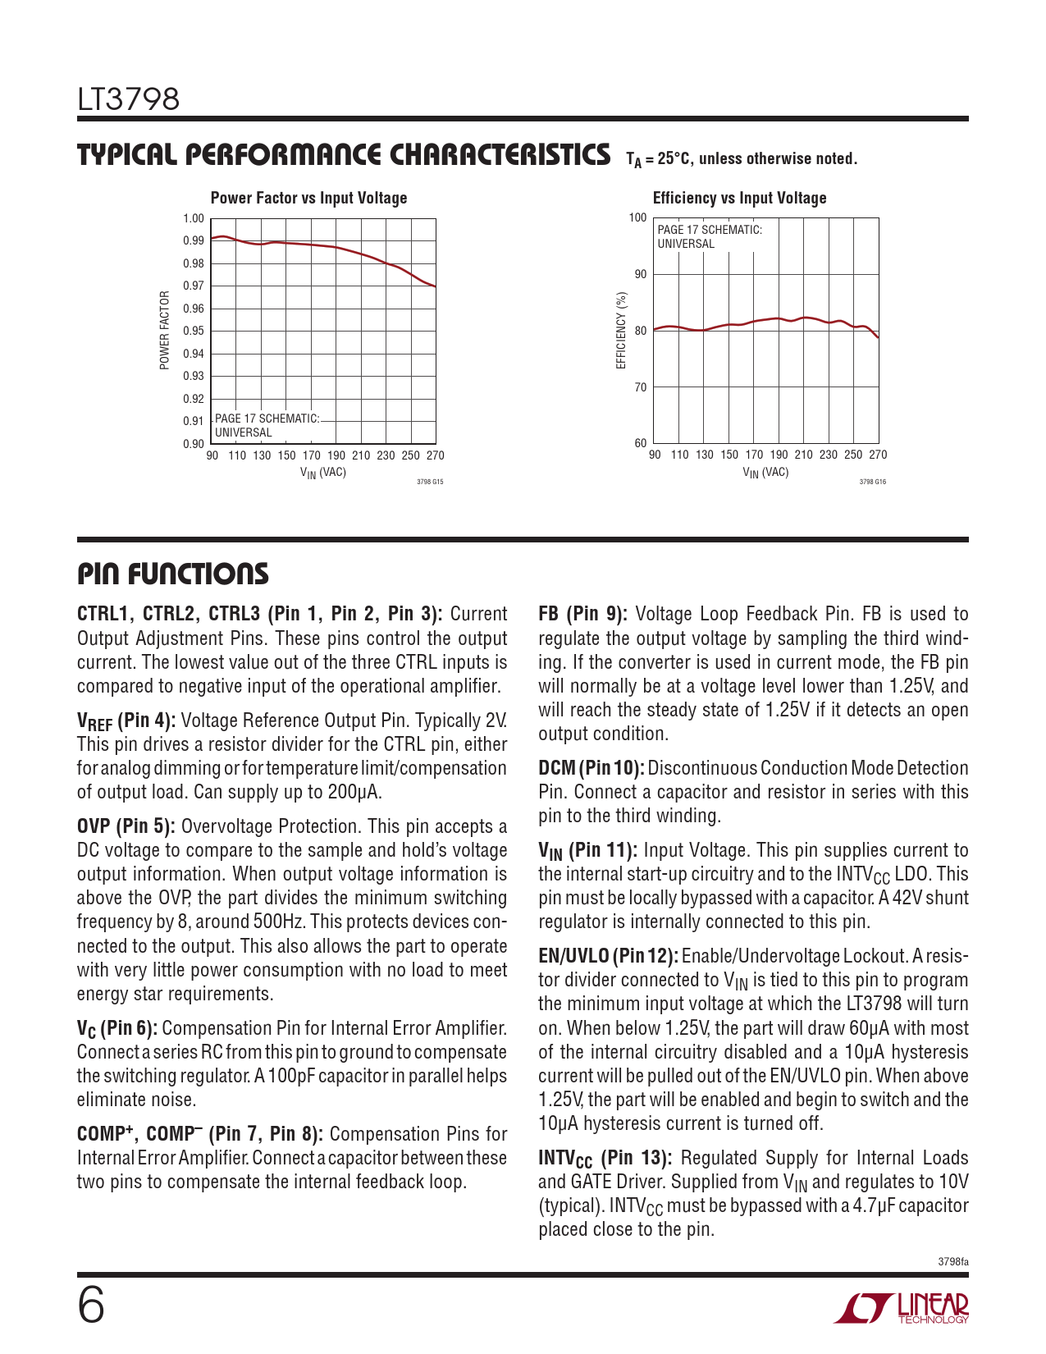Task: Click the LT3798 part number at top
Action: tap(129, 99)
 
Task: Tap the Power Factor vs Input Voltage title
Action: tap(308, 198)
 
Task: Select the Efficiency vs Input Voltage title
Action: tap(739, 198)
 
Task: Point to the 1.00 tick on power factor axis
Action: tap(194, 218)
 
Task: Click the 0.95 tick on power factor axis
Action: tap(194, 332)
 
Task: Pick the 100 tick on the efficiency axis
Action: tap(637, 217)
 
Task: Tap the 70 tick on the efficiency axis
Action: tap(640, 387)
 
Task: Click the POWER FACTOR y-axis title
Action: tap(165, 330)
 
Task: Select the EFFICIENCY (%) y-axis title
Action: tap(621, 330)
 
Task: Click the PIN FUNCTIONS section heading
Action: tap(172, 574)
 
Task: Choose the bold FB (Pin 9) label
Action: tap(582, 614)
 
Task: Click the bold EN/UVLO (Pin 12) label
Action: tap(608, 956)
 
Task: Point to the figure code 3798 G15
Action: tap(430, 482)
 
